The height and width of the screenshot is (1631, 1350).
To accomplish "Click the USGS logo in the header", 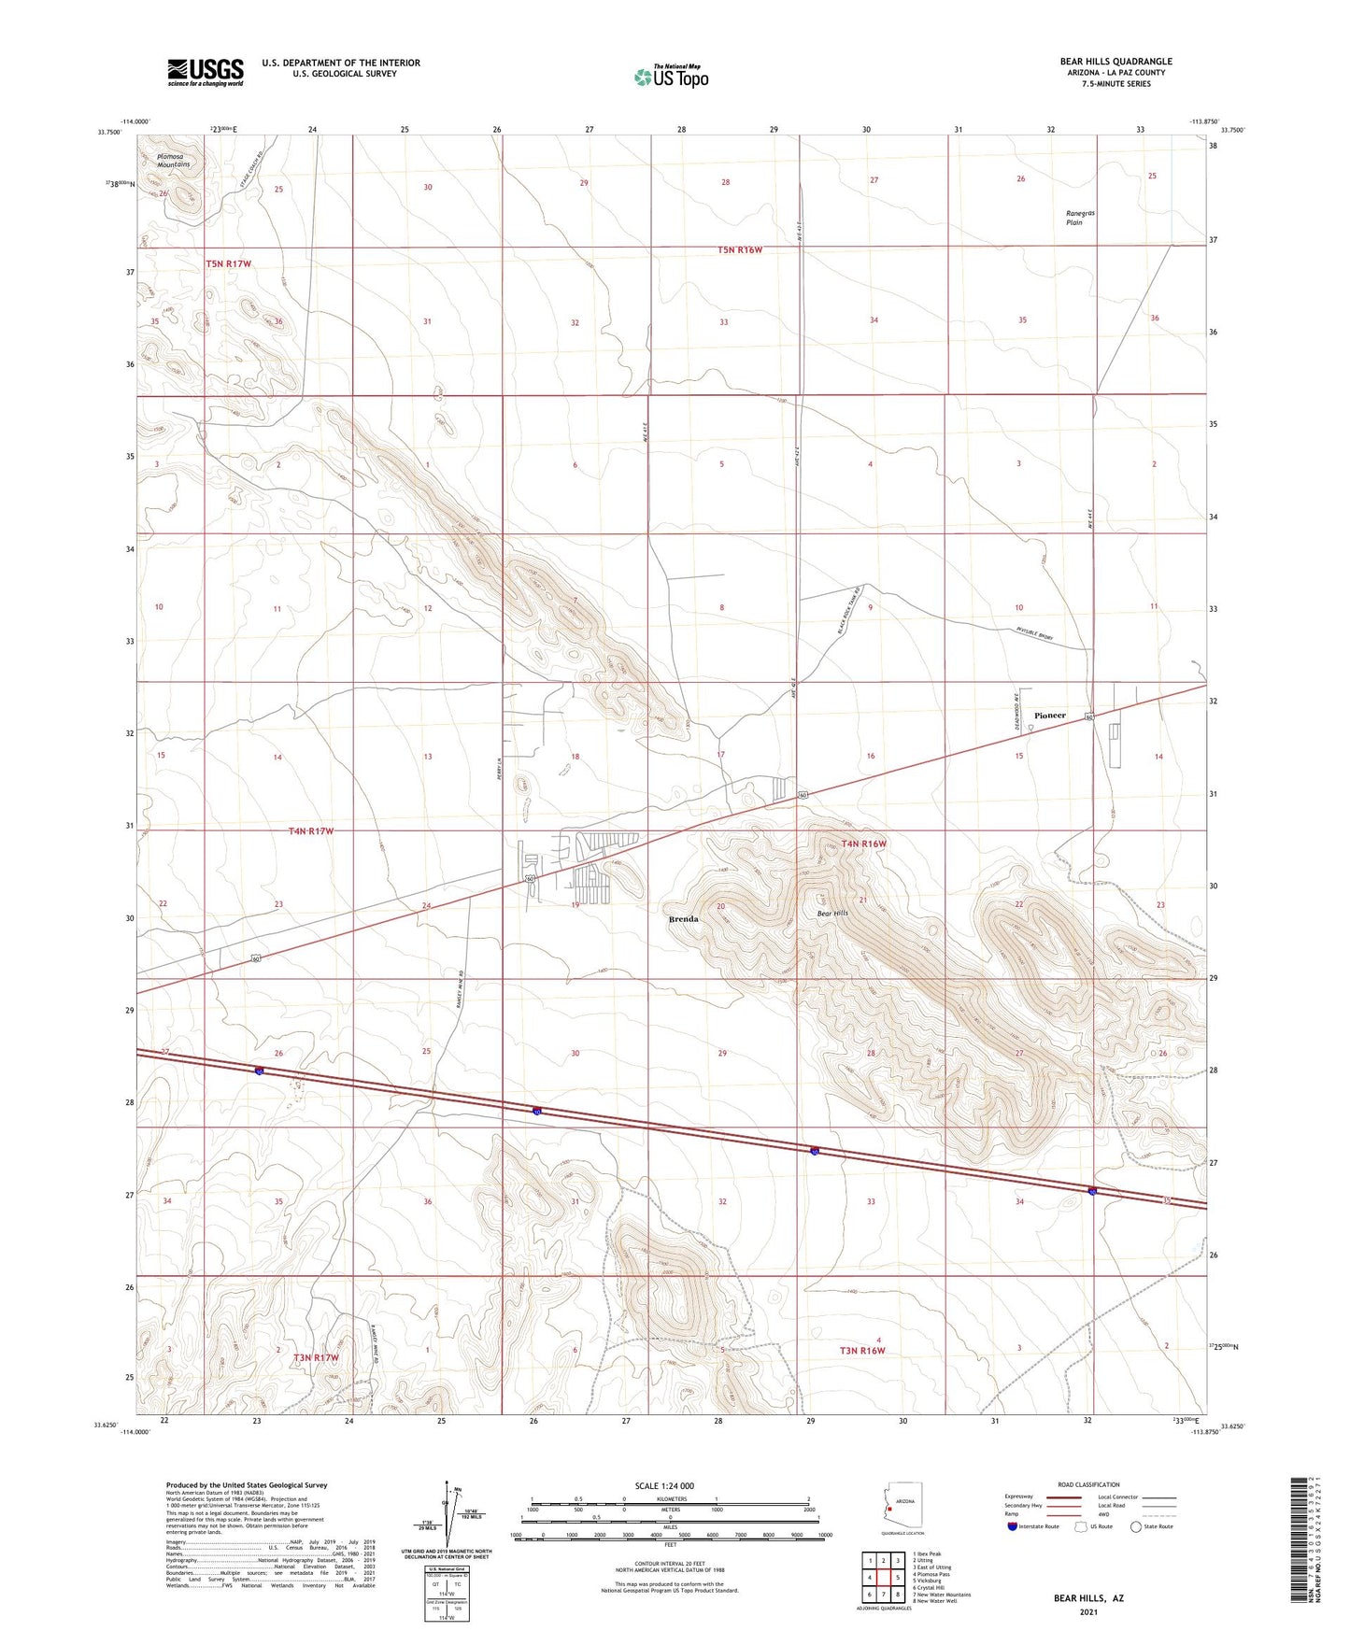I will (206, 71).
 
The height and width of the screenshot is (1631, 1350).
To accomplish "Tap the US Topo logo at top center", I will (671, 76).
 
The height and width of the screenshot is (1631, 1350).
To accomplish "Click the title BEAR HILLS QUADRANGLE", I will (1116, 62).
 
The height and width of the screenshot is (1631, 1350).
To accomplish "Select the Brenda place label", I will (684, 919).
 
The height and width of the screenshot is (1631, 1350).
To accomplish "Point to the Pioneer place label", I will (1050, 716).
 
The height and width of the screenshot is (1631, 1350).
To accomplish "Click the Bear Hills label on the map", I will (832, 913).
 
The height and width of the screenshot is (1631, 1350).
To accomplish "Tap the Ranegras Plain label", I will (1080, 218).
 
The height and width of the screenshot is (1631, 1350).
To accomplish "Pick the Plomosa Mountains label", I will (174, 161).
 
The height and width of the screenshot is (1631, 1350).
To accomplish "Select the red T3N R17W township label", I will (316, 1357).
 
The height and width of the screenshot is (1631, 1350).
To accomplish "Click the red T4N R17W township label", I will (311, 830).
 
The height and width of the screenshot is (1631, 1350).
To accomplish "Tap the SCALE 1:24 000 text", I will (664, 1486).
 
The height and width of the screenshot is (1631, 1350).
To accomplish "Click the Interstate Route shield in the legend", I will (1013, 1527).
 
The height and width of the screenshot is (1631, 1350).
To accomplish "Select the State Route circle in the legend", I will (1136, 1527).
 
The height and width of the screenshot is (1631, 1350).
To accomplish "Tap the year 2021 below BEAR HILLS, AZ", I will (1088, 1612).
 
